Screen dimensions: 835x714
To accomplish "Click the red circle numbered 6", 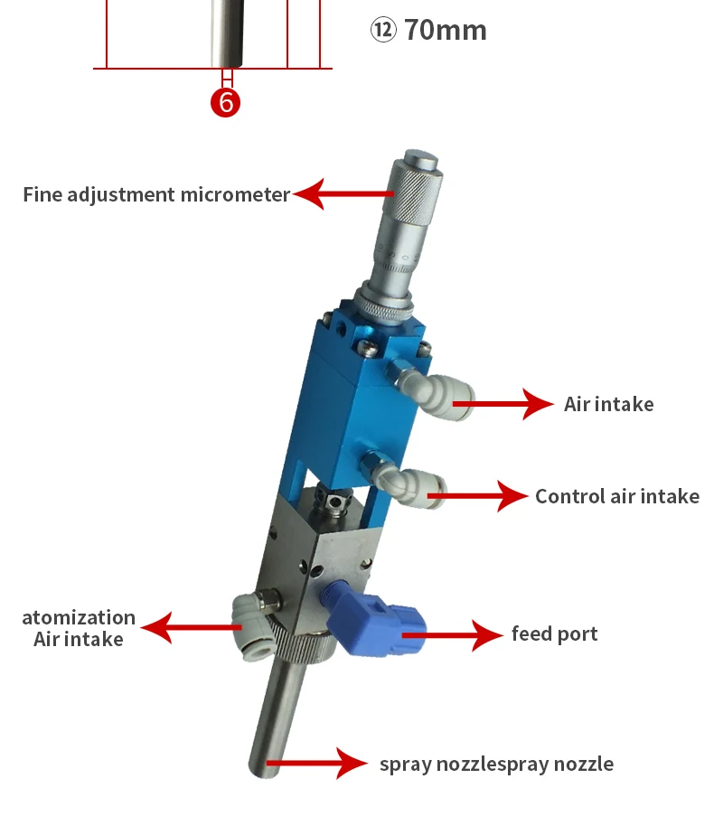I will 226,102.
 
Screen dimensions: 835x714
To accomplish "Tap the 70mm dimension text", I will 445,30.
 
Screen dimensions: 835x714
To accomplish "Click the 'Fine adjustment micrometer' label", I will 156,194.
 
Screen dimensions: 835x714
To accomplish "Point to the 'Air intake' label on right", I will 608,404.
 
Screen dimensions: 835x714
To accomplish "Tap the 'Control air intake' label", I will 616,496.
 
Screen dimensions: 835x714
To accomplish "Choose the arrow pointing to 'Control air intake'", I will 484,495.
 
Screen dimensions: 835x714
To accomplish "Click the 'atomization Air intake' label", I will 79,628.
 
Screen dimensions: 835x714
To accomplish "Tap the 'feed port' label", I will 554,633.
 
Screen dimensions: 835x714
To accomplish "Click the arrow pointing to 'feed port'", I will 456,634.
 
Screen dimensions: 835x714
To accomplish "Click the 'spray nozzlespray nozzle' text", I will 496,764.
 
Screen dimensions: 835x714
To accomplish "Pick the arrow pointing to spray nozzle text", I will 316,764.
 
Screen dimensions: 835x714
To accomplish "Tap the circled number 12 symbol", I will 382,30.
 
